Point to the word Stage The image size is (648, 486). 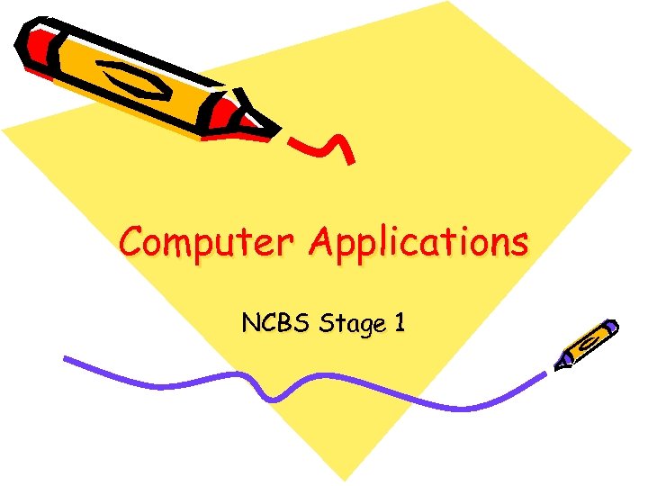350,324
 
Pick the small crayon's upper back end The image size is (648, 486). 611,326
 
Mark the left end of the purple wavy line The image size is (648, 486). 67,359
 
